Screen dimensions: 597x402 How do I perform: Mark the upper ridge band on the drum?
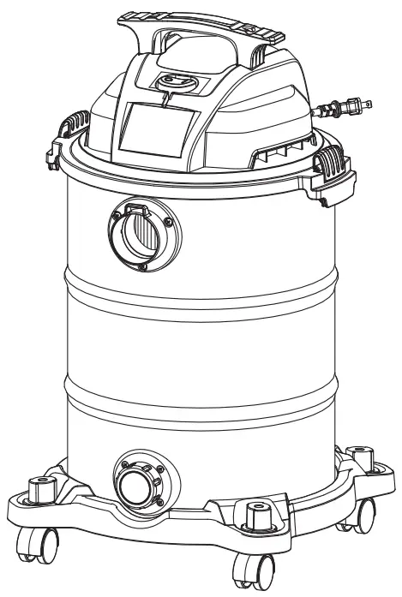(x=197, y=287)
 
